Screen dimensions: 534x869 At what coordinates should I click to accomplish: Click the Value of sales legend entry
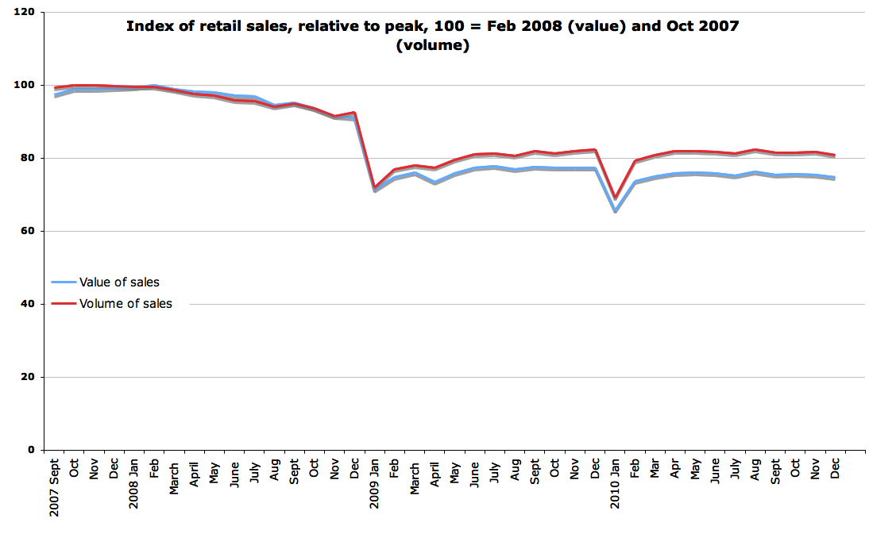click(x=119, y=282)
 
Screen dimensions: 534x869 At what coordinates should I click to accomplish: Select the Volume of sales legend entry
click(x=125, y=303)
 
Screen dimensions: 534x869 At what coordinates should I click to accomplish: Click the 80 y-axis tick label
click(x=28, y=159)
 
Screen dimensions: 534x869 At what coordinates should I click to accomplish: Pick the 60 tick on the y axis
click(x=28, y=232)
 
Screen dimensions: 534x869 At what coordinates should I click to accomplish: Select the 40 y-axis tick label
click(x=28, y=305)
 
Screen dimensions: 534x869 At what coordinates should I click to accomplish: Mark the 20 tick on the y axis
click(x=28, y=378)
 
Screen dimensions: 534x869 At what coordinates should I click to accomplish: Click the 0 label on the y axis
click(x=31, y=450)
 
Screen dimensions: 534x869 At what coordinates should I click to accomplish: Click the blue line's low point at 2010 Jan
click(x=615, y=211)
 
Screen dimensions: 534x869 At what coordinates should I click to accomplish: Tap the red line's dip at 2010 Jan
click(x=615, y=198)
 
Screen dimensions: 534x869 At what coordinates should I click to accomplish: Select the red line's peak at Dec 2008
click(x=354, y=113)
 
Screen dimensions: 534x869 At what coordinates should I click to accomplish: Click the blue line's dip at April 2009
click(x=435, y=183)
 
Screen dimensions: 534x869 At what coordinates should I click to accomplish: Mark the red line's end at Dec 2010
click(x=835, y=156)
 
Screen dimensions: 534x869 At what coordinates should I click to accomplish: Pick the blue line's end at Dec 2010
click(x=835, y=178)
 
